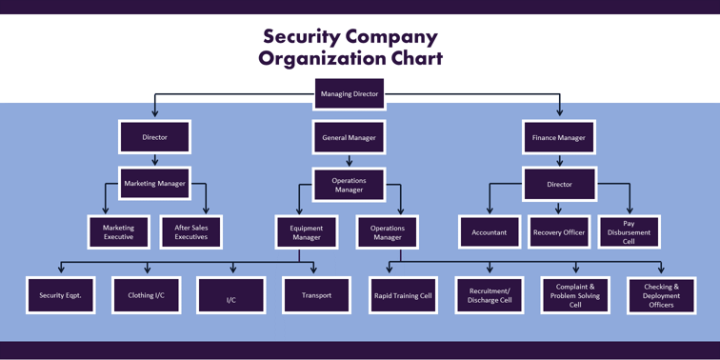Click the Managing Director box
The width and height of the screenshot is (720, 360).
[349, 94]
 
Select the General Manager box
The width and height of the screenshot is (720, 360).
[349, 138]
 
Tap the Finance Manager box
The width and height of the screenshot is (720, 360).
[559, 138]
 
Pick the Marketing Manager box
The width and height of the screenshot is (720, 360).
[154, 184]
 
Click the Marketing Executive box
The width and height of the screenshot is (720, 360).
[119, 232]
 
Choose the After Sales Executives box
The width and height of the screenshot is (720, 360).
[191, 232]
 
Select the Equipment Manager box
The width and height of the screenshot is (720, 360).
[307, 232]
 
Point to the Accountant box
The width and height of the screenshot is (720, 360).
[490, 232]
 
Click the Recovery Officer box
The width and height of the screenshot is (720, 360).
[559, 232]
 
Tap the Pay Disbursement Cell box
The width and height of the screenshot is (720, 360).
[629, 232]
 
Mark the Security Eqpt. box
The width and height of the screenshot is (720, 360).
[61, 295]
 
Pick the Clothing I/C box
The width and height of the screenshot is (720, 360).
[146, 295]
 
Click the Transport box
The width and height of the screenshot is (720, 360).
[316, 295]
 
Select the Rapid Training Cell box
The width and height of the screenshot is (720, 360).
[403, 295]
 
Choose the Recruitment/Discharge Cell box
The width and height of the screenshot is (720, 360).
[490, 295]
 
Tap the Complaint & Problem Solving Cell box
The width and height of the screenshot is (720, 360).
[575, 295]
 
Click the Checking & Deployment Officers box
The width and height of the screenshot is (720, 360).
[661, 295]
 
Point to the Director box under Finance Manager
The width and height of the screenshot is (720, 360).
[559, 184]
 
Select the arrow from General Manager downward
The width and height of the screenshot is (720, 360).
[349, 161]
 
